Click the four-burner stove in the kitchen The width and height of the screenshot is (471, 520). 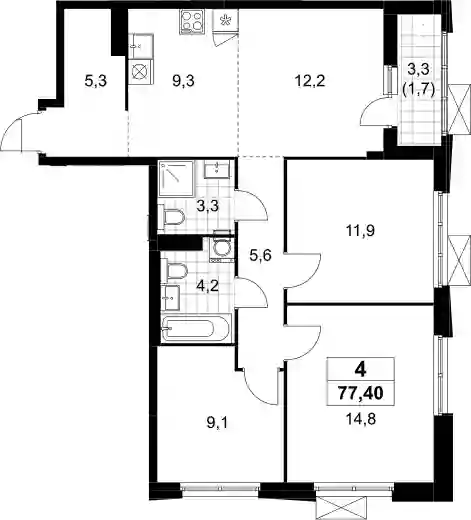tap(192, 22)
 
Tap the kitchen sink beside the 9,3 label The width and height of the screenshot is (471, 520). tap(141, 47)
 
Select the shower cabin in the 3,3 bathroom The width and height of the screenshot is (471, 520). tap(176, 178)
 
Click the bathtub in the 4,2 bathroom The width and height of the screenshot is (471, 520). tap(195, 328)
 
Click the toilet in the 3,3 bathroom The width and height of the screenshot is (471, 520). tap(172, 217)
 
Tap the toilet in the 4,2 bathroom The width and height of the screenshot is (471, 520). tap(174, 272)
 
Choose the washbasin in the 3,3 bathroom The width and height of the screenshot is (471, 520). tap(217, 169)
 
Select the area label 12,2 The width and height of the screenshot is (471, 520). tap(310, 81)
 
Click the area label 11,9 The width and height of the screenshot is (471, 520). tap(360, 230)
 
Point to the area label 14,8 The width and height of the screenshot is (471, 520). tap(361, 419)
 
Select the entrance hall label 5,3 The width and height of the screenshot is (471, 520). tap(96, 81)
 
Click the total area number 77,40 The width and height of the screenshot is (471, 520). tap(361, 393)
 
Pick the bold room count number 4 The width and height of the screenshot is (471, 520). tap(361, 370)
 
